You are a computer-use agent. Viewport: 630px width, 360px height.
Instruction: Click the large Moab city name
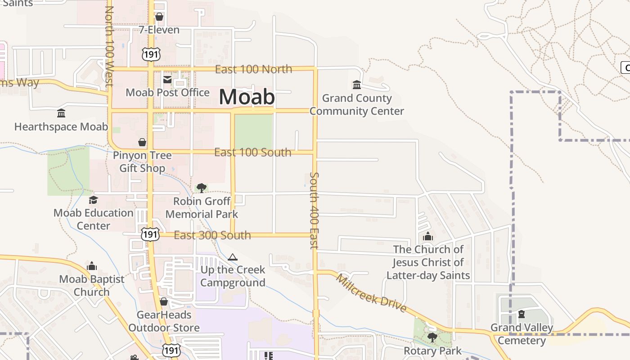[x=247, y=97]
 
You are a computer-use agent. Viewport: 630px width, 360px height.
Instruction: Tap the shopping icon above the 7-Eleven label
[x=159, y=17]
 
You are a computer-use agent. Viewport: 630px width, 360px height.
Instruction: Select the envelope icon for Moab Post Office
[x=167, y=80]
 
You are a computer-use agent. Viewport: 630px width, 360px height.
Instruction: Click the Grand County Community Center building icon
[x=357, y=85]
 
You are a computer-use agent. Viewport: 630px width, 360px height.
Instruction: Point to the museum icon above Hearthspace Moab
[x=61, y=113]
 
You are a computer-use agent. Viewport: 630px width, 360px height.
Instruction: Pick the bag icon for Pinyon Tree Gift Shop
[x=142, y=142]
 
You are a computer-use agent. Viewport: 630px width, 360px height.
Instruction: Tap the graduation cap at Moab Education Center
[x=93, y=200]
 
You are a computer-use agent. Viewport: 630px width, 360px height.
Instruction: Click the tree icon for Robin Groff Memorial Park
[x=202, y=188]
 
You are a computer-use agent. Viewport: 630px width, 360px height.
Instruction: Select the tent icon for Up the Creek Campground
[x=232, y=257]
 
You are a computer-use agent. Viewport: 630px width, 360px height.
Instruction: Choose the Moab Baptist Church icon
[x=92, y=266]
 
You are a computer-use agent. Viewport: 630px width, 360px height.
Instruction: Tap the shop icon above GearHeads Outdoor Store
[x=164, y=301]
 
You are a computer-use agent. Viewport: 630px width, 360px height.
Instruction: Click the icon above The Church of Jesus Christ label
[x=428, y=236]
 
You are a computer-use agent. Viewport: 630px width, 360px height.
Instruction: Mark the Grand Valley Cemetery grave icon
[x=522, y=314]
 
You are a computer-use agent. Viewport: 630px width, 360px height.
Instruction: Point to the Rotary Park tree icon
[x=432, y=337]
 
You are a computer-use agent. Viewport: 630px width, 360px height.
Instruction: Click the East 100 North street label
[x=253, y=69]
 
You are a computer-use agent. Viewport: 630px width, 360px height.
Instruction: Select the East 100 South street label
[x=252, y=153]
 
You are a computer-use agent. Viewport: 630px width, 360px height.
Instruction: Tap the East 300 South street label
[x=212, y=235]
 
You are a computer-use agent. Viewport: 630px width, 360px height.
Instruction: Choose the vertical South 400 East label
[x=314, y=210]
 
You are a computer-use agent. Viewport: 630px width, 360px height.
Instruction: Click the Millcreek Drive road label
[x=371, y=293]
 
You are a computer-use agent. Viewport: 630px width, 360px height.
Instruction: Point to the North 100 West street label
[x=109, y=45]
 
